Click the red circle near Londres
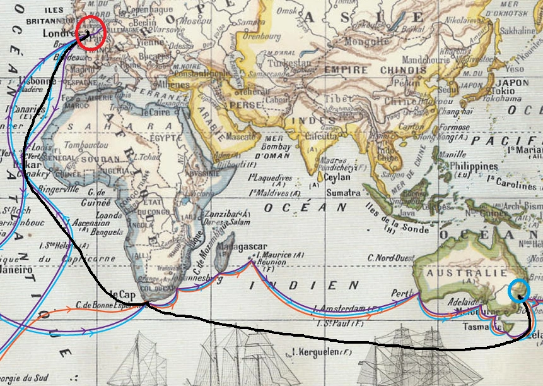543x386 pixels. point(90,32)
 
